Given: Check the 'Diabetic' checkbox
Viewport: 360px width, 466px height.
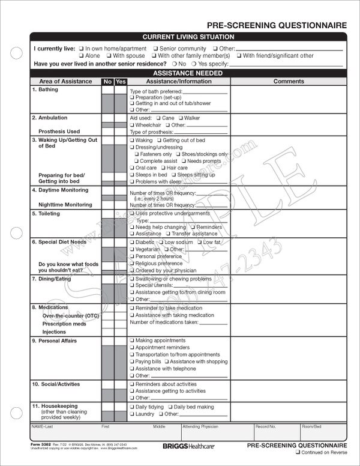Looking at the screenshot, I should point(131,241).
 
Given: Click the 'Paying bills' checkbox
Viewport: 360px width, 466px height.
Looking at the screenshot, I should point(131,362).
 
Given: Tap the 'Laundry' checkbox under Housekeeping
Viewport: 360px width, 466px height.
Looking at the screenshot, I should point(131,414).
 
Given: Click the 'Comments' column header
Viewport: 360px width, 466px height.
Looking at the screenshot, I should point(289,81).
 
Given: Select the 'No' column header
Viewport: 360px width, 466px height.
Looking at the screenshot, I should point(107,81).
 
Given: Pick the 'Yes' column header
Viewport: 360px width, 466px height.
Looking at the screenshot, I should point(121,81).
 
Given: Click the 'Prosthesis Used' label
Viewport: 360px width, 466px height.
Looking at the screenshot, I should point(59,132).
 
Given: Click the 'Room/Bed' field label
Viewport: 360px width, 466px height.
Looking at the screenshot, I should point(312,426).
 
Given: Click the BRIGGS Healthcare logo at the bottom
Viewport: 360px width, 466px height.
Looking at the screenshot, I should point(181,447).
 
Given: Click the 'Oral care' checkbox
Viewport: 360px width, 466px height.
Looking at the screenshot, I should point(131,168).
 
